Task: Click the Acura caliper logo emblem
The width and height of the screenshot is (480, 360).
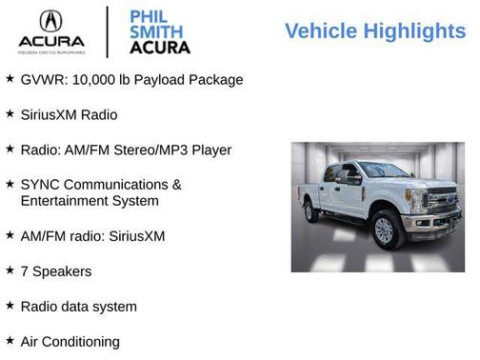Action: (50, 22)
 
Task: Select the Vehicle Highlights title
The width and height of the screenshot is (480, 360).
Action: (374, 31)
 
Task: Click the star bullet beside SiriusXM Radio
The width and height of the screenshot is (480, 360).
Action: (10, 113)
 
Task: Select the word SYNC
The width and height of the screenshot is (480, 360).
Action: (40, 184)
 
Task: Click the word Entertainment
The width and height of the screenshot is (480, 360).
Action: (66, 201)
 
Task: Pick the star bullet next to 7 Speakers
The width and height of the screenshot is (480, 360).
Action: (10, 270)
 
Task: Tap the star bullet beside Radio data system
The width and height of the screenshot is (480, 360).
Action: (10, 306)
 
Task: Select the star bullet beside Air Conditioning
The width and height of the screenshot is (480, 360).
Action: (10, 340)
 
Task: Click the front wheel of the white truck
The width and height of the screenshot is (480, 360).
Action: (384, 230)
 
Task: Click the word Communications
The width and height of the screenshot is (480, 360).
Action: (117, 184)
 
